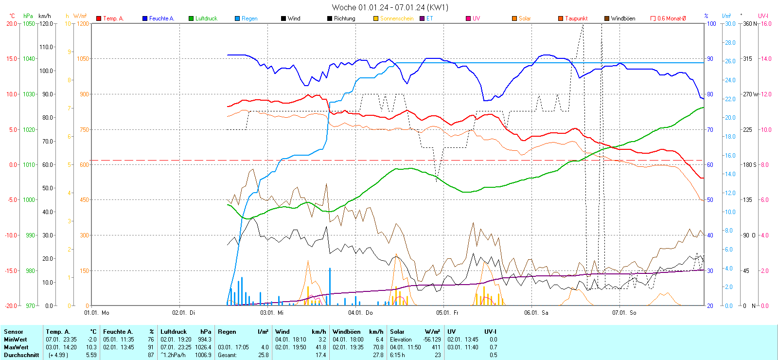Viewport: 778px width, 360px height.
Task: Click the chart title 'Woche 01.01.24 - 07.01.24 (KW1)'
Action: pyautogui.click(x=389, y=7)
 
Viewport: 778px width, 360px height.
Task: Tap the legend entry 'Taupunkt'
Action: pyautogui.click(x=576, y=18)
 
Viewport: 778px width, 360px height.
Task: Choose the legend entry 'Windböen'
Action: pyautogui.click(x=622, y=18)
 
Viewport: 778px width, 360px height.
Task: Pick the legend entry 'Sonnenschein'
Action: pyautogui.click(x=396, y=18)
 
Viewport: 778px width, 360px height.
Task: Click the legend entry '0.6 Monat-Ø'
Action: pyautogui.click(x=671, y=18)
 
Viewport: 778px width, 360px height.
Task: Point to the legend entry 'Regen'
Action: pyautogui.click(x=249, y=18)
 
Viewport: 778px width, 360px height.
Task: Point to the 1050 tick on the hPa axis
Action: pyautogui.click(x=29, y=23)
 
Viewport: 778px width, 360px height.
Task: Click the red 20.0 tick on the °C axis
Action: pyautogui.click(x=11, y=23)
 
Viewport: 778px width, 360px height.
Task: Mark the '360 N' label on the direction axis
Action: pyautogui.click(x=750, y=23)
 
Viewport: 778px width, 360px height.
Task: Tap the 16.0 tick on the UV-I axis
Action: pyautogui.click(x=766, y=23)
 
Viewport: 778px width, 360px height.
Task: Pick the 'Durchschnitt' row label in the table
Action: pyautogui.click(x=21, y=355)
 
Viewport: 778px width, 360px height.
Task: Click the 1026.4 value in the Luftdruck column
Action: pyautogui.click(x=204, y=347)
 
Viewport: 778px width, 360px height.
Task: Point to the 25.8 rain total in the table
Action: pyautogui.click(x=263, y=355)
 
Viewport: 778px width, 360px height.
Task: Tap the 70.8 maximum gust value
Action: pyautogui.click(x=378, y=347)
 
